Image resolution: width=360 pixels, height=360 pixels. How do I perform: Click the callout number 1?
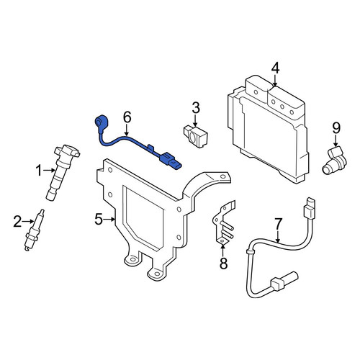40,171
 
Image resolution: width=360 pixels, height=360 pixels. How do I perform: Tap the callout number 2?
17,221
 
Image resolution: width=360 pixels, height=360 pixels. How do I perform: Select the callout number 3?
196,108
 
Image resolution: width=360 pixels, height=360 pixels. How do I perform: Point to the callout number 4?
275,68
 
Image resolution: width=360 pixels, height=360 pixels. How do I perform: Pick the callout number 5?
99,219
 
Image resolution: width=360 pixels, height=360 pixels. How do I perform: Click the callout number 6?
127,117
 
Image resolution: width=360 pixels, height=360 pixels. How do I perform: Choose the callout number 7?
278,224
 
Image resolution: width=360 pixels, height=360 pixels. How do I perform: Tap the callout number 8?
223,263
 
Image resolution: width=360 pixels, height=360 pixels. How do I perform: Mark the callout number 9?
336,128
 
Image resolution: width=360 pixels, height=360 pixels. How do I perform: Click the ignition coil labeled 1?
63,171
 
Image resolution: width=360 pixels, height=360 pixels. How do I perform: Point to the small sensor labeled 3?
196,136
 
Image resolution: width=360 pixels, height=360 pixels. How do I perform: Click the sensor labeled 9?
334,160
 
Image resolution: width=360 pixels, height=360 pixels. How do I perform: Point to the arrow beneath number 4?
275,80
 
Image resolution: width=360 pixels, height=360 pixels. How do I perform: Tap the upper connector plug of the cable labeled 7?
310,208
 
